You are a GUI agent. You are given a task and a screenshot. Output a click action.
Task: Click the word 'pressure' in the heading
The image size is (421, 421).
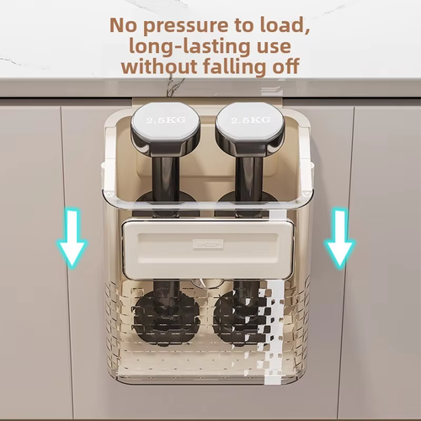[x=185, y=26]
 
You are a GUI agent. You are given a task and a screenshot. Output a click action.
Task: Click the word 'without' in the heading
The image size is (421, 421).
[x=159, y=67]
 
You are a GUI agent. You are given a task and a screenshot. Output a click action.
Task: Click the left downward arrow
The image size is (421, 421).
[x=72, y=237]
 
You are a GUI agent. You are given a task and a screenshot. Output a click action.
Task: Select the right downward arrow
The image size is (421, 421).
[x=340, y=237]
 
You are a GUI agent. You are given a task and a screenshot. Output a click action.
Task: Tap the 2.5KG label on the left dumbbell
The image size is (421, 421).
[x=166, y=120]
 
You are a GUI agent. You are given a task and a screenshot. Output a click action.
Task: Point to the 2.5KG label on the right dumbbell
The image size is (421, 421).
[x=251, y=120]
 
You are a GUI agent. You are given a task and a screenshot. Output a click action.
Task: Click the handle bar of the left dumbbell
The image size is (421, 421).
[x=166, y=179]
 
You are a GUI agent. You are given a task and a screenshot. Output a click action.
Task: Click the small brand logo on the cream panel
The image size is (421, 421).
[x=208, y=244]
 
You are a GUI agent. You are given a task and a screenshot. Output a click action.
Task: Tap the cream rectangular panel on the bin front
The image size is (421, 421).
[x=208, y=249]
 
